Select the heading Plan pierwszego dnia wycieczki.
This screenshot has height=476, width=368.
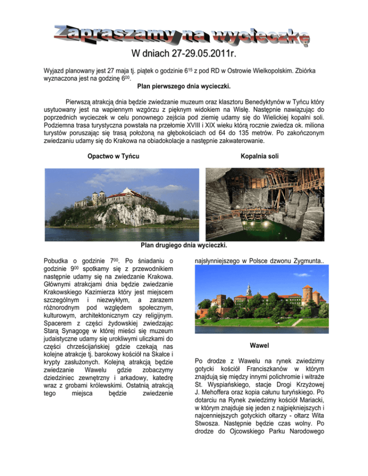click(x=184, y=87)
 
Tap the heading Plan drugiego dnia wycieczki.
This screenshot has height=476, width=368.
click(x=184, y=245)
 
